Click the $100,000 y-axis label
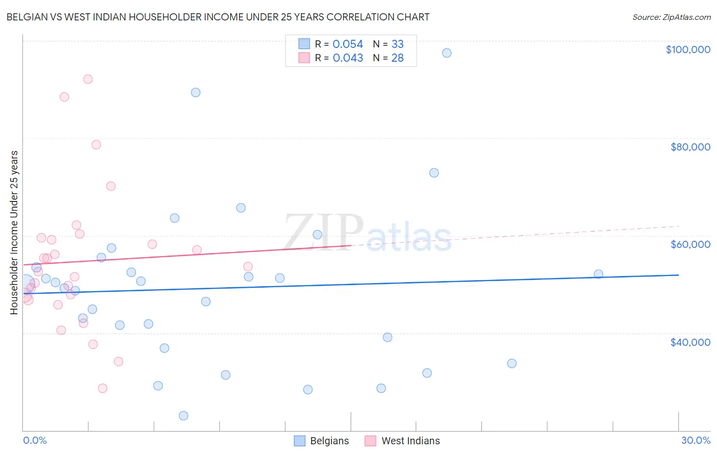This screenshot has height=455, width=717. point(687,49)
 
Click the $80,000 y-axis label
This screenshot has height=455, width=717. point(690,147)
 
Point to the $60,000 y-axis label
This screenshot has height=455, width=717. point(690,244)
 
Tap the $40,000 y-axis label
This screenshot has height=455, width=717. point(690,342)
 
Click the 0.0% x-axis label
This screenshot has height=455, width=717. point(35,440)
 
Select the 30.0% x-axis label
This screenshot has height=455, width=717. point(696,440)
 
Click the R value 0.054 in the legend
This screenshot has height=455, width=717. point(348,44)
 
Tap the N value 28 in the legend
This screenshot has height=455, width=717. point(397,58)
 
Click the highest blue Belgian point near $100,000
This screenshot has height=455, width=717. point(447,53)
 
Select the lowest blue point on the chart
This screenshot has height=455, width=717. point(184,416)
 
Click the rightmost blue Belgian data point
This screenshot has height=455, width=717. point(599,274)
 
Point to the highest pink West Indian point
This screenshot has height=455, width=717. point(88,79)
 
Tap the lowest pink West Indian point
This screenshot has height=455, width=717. point(103,388)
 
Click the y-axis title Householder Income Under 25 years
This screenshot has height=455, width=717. point(14,232)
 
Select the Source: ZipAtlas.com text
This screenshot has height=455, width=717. point(671,17)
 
